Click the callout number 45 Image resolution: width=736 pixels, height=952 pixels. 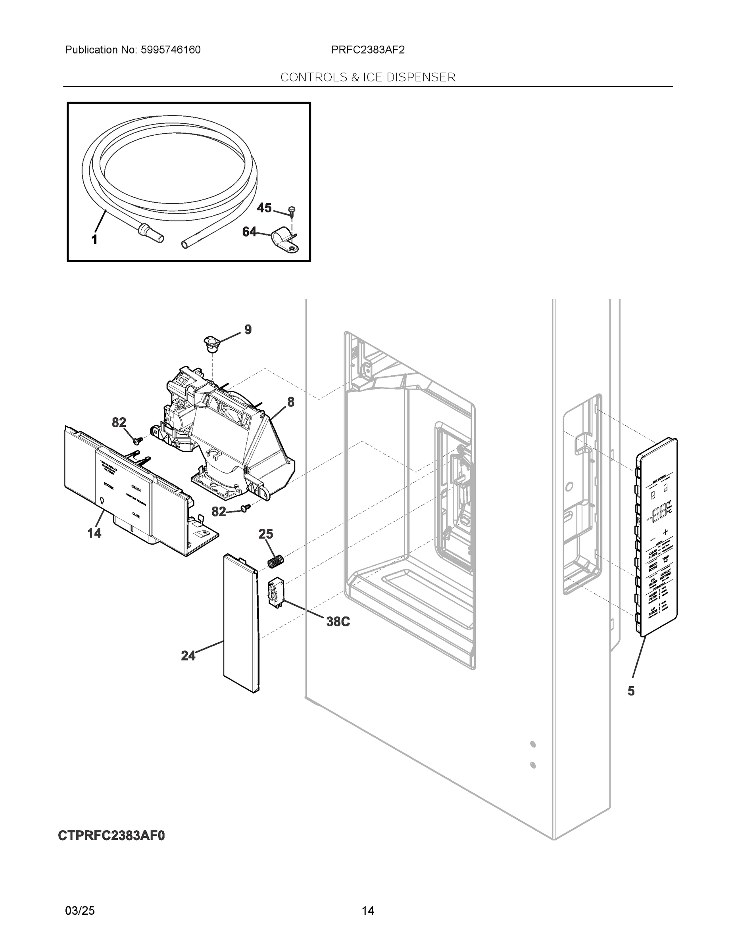[264, 208]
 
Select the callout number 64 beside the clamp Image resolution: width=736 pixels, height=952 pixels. [250, 232]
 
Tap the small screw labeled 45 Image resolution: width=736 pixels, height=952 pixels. [292, 212]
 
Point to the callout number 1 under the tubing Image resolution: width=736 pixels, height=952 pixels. [94, 239]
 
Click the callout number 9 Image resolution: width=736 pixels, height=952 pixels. [248, 330]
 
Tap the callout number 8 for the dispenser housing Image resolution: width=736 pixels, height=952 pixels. [290, 402]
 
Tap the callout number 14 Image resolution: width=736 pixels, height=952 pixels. [94, 533]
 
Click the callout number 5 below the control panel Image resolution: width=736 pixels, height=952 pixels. [631, 691]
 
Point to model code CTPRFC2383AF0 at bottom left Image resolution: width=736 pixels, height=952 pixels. [111, 836]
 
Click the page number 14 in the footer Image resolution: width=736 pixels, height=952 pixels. [367, 911]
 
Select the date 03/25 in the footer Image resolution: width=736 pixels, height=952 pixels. [80, 911]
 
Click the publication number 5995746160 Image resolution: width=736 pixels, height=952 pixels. [171, 50]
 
